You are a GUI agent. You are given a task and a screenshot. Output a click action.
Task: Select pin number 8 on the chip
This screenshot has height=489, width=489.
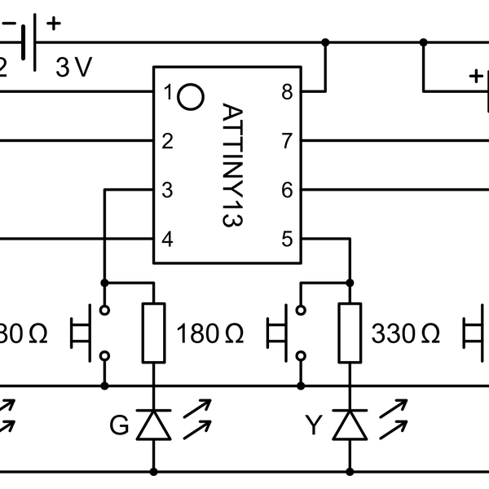click(x=287, y=92)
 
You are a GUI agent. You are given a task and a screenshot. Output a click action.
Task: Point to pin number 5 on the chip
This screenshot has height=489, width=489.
click(x=287, y=240)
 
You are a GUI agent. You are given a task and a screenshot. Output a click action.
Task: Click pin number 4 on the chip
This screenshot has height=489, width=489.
click(x=168, y=240)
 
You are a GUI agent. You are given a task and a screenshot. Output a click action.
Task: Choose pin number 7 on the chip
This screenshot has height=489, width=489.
click(x=287, y=142)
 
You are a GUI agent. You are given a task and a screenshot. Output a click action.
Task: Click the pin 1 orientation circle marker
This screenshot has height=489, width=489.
click(x=190, y=96)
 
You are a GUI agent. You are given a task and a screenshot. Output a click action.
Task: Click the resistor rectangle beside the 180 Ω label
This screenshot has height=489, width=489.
click(x=154, y=333)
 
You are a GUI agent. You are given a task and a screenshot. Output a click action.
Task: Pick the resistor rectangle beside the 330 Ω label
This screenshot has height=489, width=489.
click(x=350, y=333)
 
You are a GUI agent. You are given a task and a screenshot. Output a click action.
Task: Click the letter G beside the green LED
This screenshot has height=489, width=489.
click(x=120, y=425)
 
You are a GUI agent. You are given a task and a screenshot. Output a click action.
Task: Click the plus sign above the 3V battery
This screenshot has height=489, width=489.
click(x=55, y=23)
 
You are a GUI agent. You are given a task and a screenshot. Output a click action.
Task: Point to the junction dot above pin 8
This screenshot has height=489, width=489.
click(x=325, y=42)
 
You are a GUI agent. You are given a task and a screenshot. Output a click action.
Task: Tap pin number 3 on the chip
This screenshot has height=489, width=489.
click(x=168, y=191)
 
